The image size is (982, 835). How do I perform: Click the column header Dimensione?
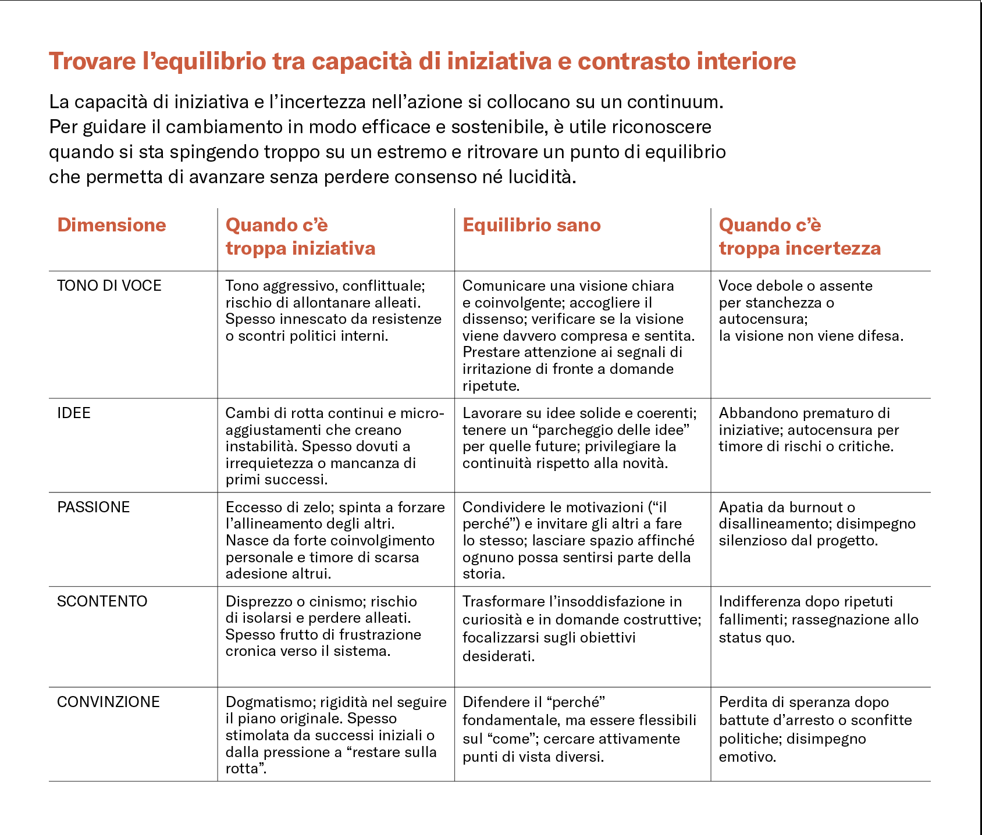[112, 225]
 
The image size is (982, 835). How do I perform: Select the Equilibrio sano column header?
[531, 225]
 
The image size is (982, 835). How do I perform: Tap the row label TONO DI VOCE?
[109, 286]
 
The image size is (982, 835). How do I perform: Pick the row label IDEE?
[74, 413]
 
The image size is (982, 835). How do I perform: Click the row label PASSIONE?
[94, 507]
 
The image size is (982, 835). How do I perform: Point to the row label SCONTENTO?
[102, 601]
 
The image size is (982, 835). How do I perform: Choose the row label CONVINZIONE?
[108, 702]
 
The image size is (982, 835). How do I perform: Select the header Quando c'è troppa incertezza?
[799, 237]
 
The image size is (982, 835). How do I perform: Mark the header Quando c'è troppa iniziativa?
[300, 237]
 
